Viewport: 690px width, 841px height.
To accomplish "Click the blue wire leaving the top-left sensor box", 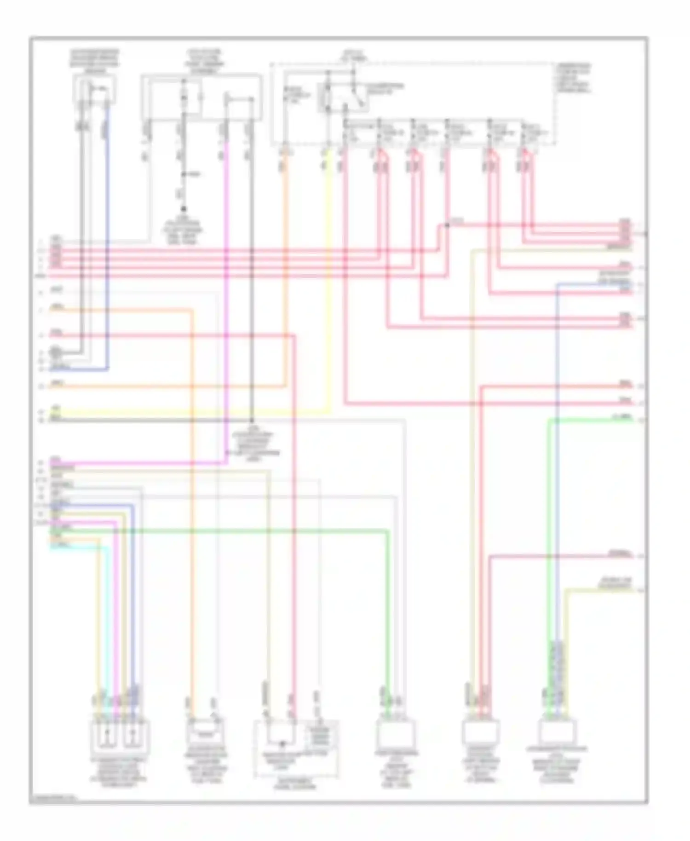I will coord(108,230).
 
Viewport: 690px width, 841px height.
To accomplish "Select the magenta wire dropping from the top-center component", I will coord(226,299).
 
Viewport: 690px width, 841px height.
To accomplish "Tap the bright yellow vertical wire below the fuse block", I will coord(329,276).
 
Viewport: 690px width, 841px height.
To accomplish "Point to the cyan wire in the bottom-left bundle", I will coord(108,621).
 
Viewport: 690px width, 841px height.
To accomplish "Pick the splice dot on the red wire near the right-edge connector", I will coord(447,225).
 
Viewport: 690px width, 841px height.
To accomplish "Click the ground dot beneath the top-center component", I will coord(183,209).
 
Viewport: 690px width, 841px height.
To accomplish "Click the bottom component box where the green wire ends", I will coord(396,734).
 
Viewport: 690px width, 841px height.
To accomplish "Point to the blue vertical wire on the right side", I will coord(557,460).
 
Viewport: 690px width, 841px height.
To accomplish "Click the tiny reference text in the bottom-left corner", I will coord(53,798).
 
